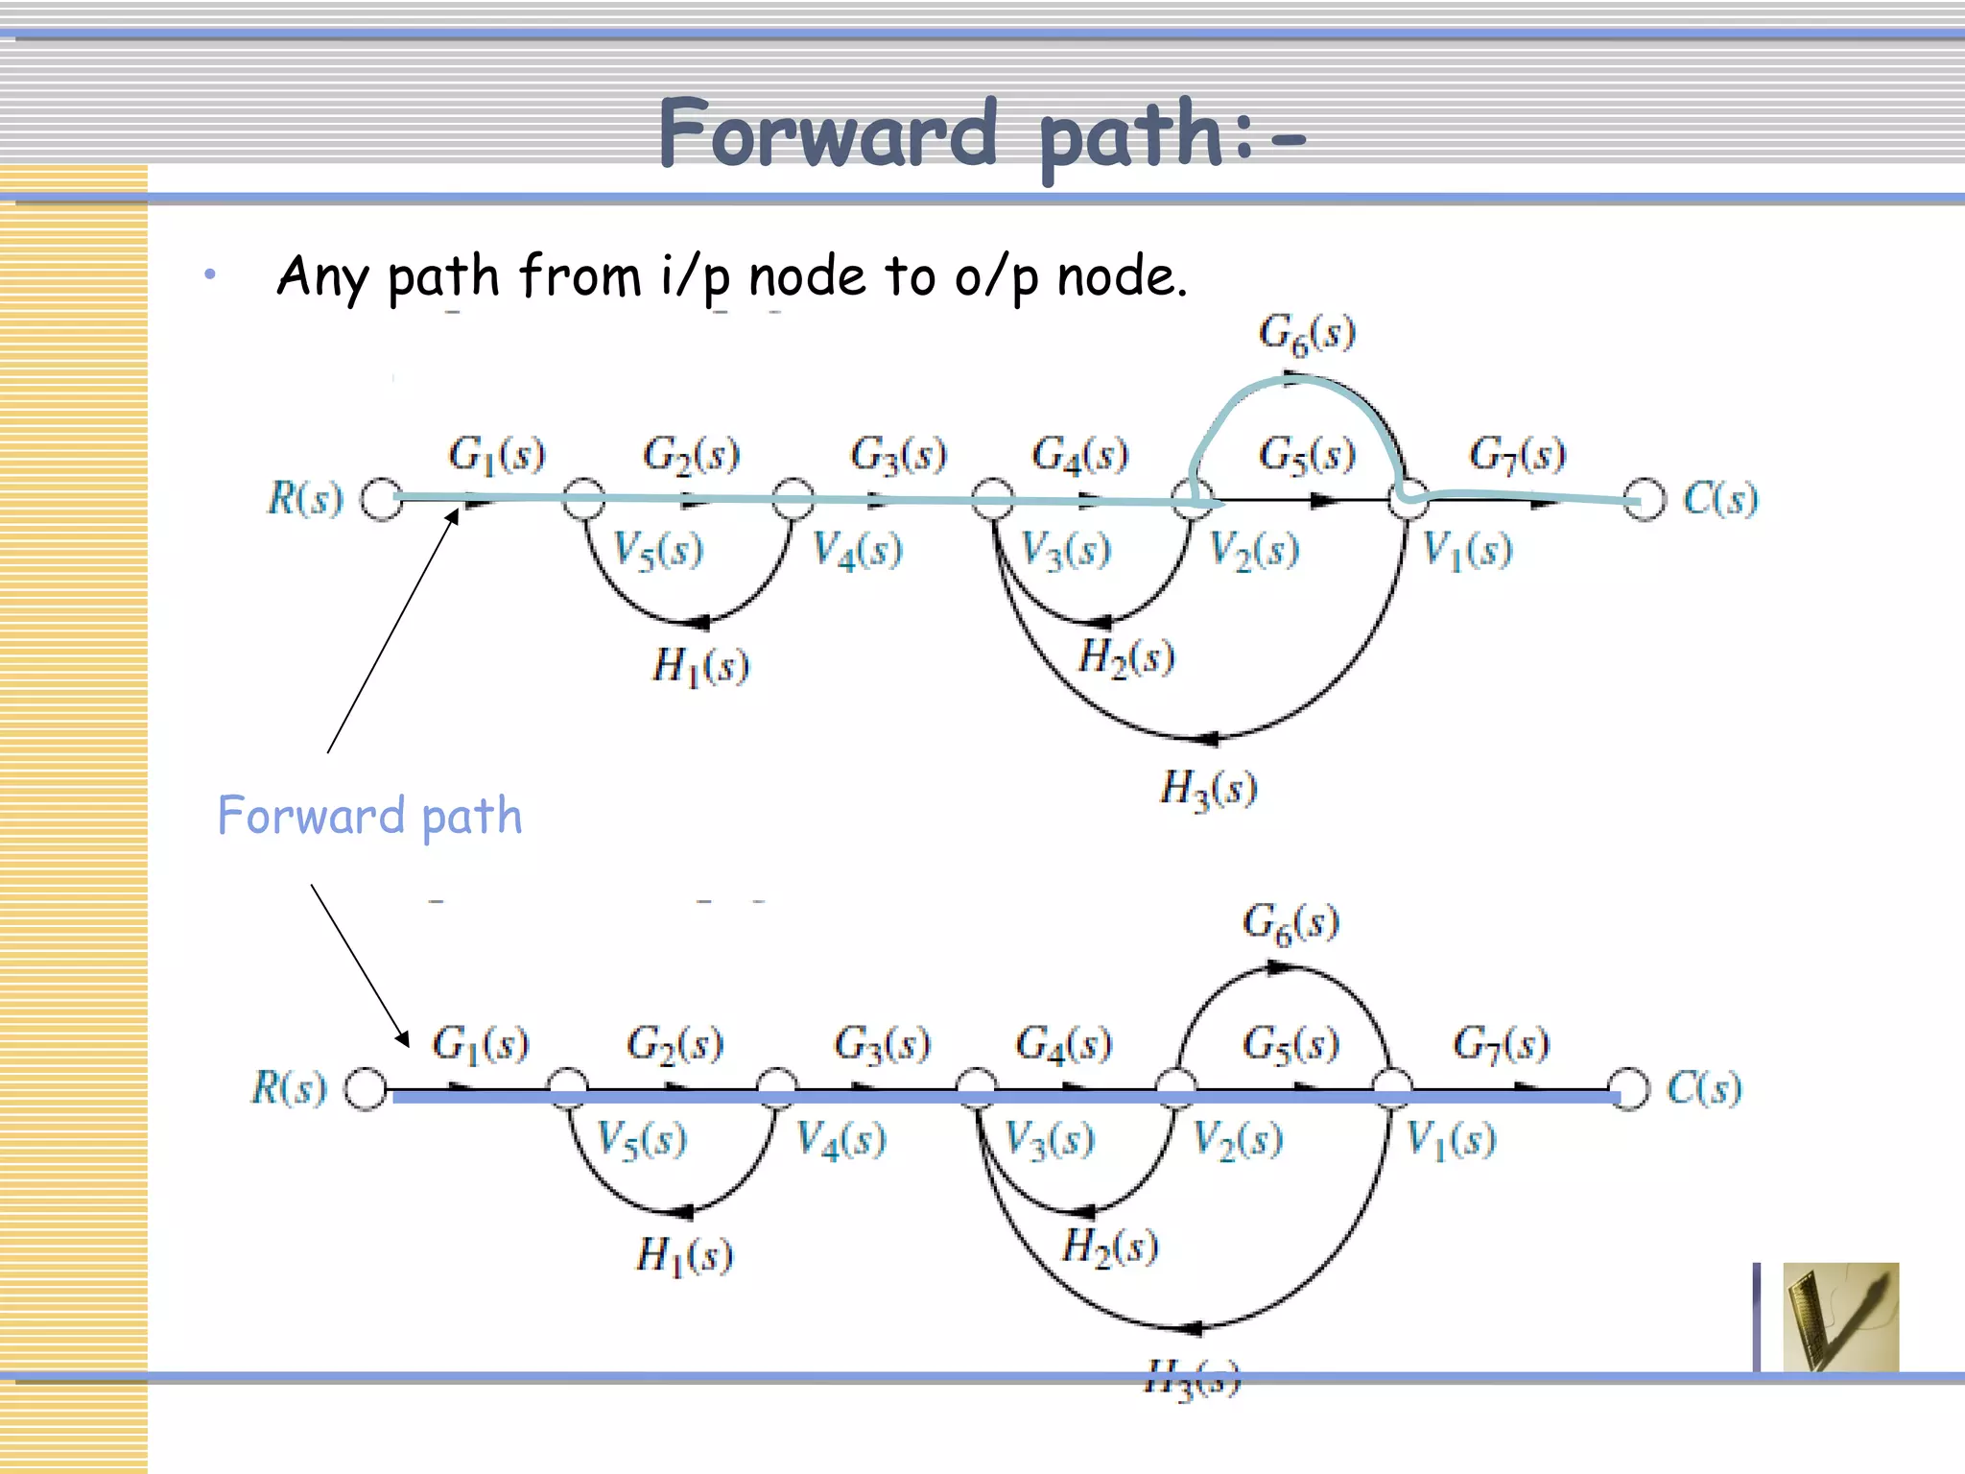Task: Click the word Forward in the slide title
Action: point(827,134)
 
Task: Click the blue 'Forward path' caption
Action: point(370,817)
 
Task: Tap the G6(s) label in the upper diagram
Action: point(1307,335)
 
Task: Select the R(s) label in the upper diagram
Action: point(305,498)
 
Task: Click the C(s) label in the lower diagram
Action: point(1704,1088)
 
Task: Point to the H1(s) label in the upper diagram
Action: point(700,665)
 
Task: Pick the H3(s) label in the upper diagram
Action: point(1208,789)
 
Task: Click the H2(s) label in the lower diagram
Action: point(1110,1247)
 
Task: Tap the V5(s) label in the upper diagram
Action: point(658,551)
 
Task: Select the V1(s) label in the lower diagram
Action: point(1451,1140)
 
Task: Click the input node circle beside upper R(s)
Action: point(382,499)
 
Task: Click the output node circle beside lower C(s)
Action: point(1629,1089)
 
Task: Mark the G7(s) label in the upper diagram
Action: point(1517,454)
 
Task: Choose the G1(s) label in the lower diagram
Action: point(480,1043)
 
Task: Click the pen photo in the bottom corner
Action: point(1840,1317)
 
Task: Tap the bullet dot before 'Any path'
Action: point(210,276)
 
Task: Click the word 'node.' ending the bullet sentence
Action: point(1122,277)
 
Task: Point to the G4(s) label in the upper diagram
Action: point(1079,454)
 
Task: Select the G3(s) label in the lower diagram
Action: point(882,1043)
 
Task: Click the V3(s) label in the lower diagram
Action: point(1049,1140)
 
